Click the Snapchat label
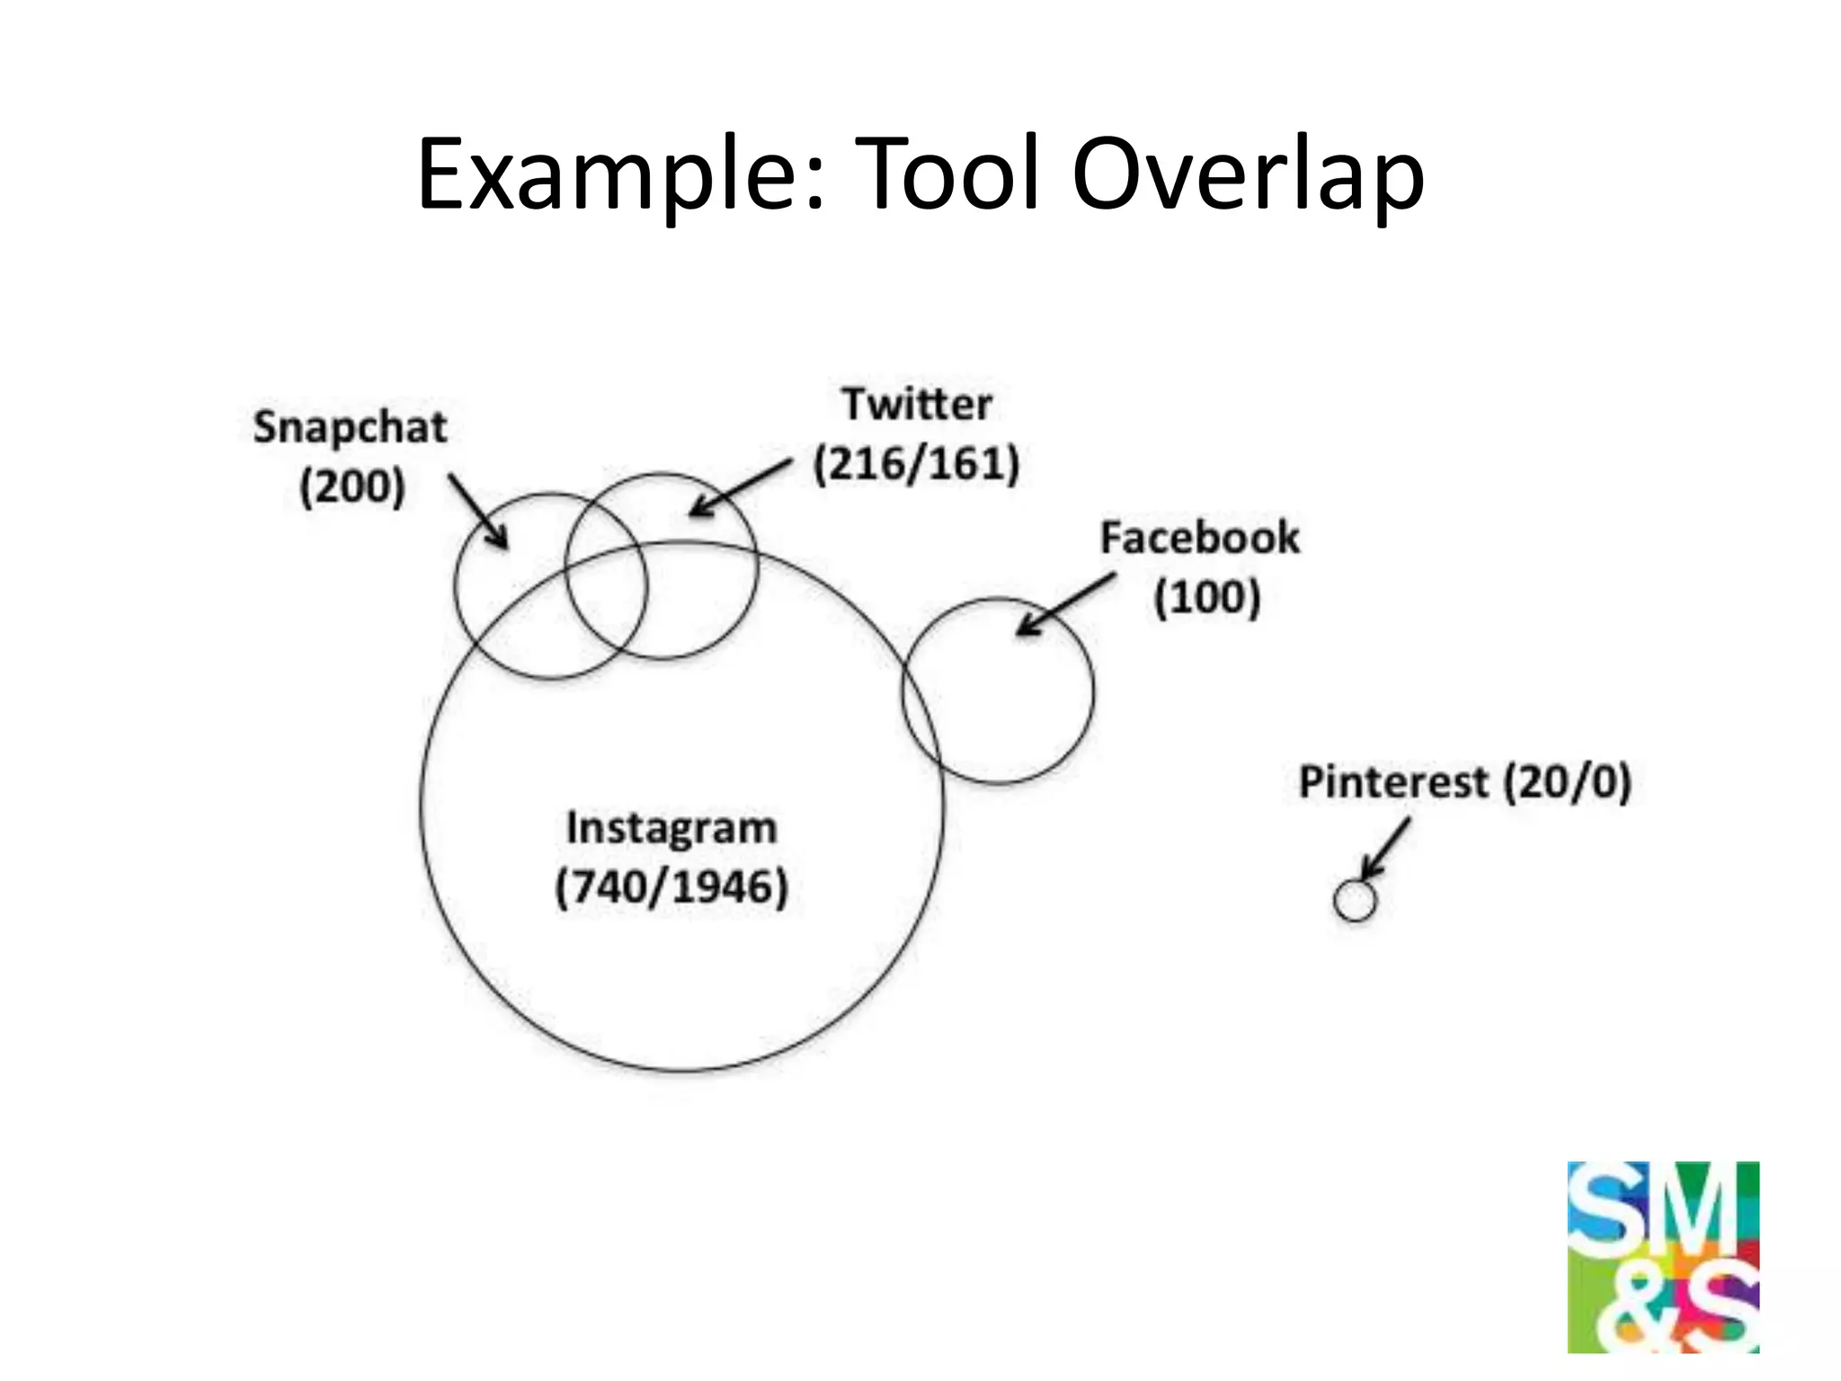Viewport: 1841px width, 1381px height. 350,428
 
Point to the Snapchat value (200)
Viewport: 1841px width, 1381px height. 352,487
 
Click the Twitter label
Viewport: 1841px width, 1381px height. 917,405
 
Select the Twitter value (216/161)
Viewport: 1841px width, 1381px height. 916,465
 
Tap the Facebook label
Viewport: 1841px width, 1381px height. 1200,539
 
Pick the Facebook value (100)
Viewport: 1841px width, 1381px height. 1206,598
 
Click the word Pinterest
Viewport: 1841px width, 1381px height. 1393,782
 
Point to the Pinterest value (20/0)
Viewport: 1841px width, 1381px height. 1568,782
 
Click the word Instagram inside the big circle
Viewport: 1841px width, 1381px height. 671,828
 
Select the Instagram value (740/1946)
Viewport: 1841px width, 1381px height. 671,888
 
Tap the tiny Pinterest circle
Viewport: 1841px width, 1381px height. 1355,901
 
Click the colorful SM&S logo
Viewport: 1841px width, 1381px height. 1662,1256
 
